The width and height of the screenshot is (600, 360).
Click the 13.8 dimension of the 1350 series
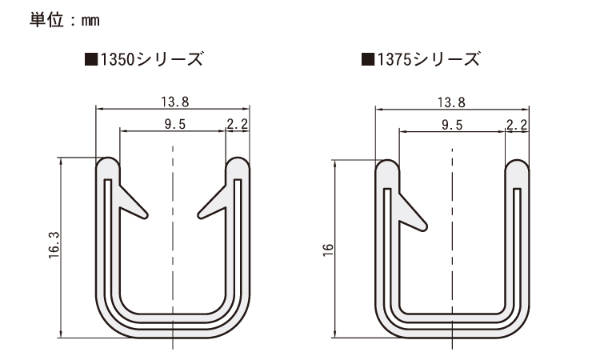coord(173,101)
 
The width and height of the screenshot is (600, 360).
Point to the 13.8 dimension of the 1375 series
coord(452,101)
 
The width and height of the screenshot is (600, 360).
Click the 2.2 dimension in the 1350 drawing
coord(238,123)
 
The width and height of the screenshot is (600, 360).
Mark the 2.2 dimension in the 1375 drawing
coord(517,123)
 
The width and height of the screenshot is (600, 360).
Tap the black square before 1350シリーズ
coord(90,58)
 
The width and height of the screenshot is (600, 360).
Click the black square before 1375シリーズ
coord(367,58)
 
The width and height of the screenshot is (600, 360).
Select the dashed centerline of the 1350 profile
coord(173,240)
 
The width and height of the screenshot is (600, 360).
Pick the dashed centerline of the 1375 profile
coord(451,240)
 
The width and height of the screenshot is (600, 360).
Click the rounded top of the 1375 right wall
coord(518,169)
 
